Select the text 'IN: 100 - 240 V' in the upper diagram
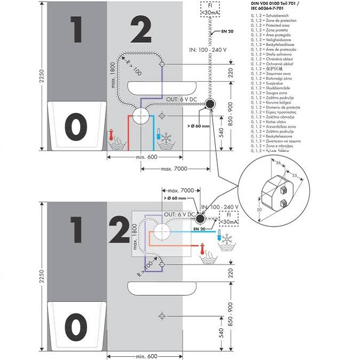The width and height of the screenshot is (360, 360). pyautogui.click(x=210, y=50)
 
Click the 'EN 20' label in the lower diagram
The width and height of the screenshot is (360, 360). pyautogui.click(x=199, y=228)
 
